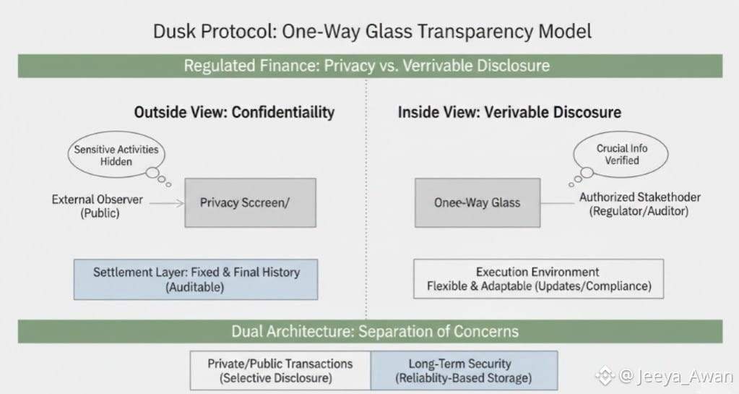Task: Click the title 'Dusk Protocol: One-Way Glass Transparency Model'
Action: click(372, 31)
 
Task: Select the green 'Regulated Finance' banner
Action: click(367, 66)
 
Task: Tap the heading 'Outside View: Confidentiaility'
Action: click(234, 112)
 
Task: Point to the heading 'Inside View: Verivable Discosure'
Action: click(509, 112)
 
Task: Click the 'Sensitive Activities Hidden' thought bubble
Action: click(116, 155)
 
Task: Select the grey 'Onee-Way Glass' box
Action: click(477, 202)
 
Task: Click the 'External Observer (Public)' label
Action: click(97, 206)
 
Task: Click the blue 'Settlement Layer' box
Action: click(196, 278)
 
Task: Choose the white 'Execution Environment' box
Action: click(538, 278)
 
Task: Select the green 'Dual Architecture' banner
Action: click(374, 331)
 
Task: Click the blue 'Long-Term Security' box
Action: click(464, 370)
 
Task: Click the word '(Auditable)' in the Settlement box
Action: click(196, 286)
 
